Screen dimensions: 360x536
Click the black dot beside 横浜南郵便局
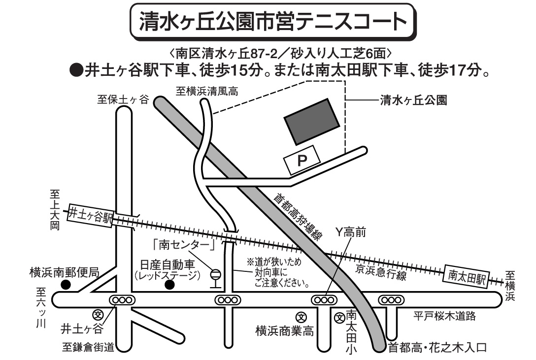pos(65,285)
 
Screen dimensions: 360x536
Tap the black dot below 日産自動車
pos(169,285)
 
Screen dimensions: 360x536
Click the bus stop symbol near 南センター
pos(215,277)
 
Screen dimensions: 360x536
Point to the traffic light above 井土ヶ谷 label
pos(121,299)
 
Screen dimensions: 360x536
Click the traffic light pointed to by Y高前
pos(323,299)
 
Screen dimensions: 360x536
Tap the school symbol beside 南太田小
pos(339,318)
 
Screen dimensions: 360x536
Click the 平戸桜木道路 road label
pos(445,316)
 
